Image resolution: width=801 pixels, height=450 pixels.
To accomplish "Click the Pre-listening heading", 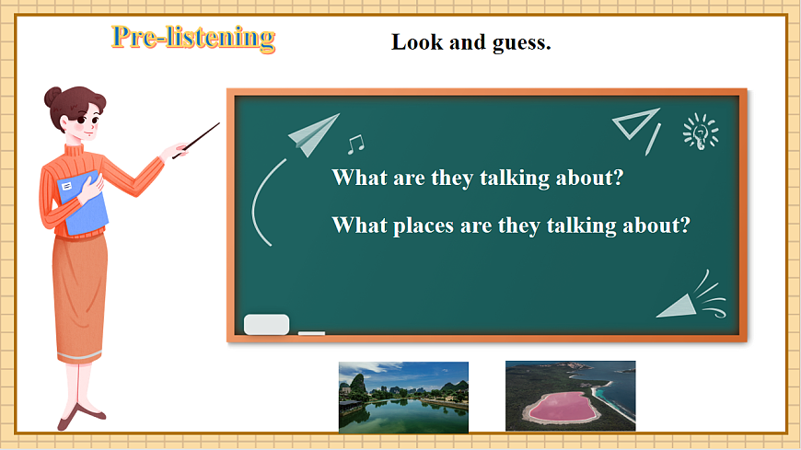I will [193, 38].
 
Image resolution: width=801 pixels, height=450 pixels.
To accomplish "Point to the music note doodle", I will [354, 144].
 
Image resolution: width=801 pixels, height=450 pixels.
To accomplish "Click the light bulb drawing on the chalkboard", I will [700, 133].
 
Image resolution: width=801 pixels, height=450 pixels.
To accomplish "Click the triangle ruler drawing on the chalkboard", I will [639, 128].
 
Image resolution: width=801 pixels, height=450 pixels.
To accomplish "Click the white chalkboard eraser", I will [266, 324].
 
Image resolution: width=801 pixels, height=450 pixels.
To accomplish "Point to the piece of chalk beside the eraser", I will [312, 333].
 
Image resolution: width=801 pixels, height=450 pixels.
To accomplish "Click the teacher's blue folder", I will [83, 203].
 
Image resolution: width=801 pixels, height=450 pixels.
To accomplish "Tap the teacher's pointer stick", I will [196, 140].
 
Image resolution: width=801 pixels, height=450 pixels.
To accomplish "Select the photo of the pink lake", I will [570, 397].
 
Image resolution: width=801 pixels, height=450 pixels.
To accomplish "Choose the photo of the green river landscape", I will [403, 397].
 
